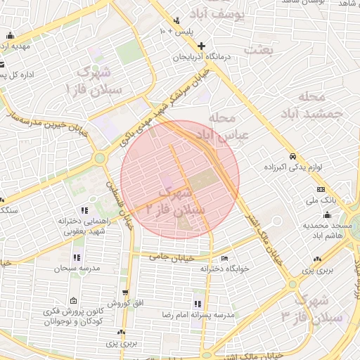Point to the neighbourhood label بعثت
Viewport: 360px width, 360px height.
(258, 50)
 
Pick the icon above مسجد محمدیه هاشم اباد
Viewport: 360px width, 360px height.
(326, 215)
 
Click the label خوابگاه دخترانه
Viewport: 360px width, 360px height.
(224, 268)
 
